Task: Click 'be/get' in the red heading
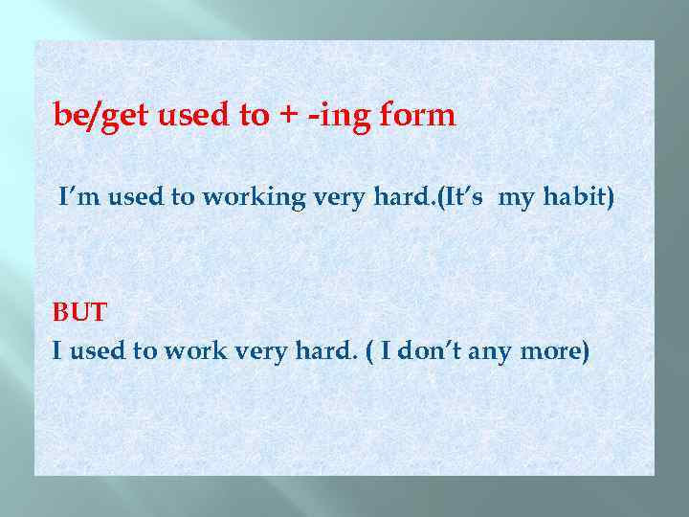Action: tap(100, 117)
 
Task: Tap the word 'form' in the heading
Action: tap(417, 117)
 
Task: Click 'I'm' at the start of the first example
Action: tap(76, 198)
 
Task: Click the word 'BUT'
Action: tap(80, 313)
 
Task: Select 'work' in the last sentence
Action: tap(194, 351)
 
